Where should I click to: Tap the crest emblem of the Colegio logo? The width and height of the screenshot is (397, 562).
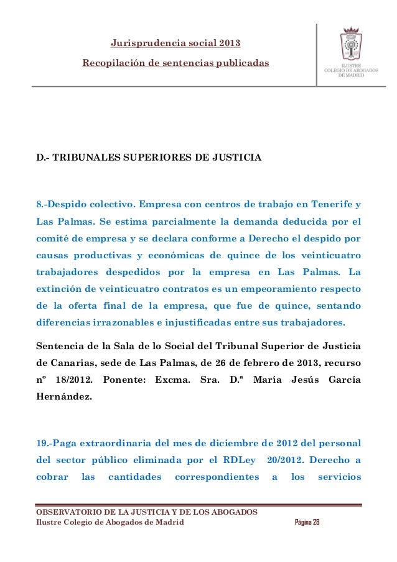pos(353,47)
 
